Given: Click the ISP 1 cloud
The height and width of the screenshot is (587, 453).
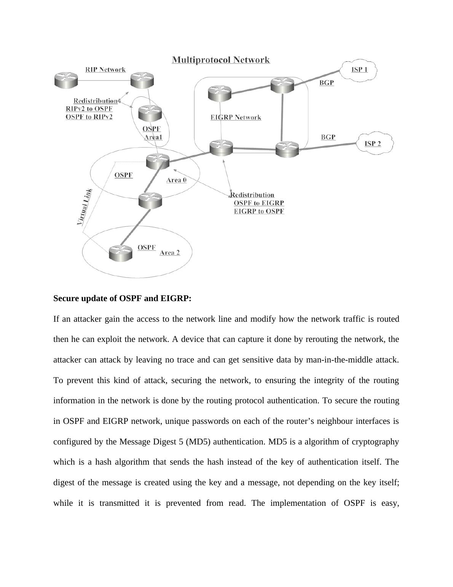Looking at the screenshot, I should click(x=359, y=70).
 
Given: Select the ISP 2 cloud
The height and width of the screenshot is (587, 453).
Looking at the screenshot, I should click(x=374, y=144).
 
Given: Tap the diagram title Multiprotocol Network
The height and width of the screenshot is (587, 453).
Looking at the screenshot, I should click(x=221, y=60).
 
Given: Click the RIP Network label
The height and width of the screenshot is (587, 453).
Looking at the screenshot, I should click(x=105, y=69).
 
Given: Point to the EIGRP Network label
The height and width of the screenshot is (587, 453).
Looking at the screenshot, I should click(x=236, y=117).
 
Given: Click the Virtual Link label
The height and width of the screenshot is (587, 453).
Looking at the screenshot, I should click(x=85, y=206).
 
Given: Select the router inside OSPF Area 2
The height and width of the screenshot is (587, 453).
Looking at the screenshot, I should click(x=120, y=253).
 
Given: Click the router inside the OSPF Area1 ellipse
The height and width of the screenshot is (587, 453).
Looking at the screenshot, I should click(x=150, y=113).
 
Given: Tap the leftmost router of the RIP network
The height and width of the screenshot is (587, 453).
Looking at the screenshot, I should click(x=66, y=81).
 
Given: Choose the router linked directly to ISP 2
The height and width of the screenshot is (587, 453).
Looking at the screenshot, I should click(x=287, y=149).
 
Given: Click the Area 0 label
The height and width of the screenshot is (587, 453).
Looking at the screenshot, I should click(x=176, y=180).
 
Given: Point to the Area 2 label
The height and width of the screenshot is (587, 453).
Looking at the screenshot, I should click(x=170, y=253).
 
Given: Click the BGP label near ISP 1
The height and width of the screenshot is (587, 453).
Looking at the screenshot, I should click(x=326, y=82).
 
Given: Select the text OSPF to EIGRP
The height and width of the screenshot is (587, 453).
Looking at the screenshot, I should click(x=259, y=203).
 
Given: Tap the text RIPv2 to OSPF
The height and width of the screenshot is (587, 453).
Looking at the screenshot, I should click(x=89, y=109).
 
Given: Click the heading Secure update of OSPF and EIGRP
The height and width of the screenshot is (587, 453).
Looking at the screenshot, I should click(x=122, y=298).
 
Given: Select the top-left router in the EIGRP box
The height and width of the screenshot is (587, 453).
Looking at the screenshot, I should click(x=220, y=93).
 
